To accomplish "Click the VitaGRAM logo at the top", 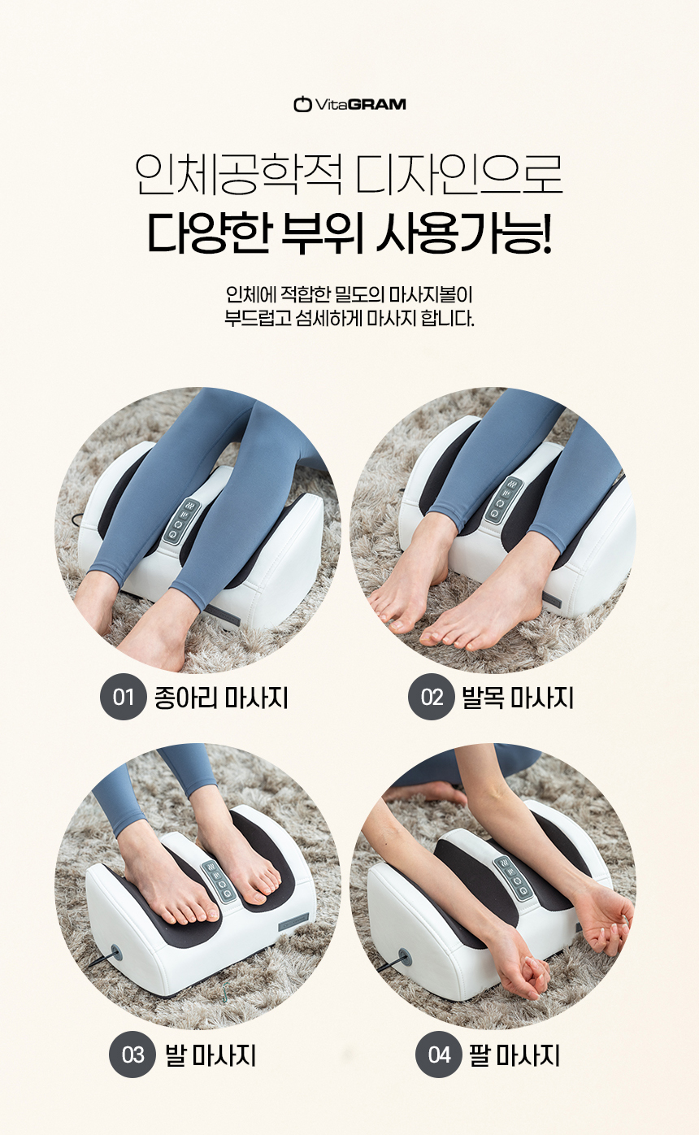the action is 349,104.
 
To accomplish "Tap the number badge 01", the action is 123,698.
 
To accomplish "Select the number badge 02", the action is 431,698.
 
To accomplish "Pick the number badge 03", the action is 132,1055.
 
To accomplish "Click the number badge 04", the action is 439,1055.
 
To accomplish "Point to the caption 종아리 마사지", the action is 221,698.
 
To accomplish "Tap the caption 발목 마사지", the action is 518,698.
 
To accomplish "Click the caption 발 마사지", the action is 211,1055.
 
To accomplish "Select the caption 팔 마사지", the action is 514,1055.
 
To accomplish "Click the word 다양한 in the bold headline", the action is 208,233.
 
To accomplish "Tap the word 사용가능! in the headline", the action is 463,233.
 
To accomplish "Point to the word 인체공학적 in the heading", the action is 238,175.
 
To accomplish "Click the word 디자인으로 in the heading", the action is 459,175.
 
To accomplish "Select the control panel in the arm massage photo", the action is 514,879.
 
